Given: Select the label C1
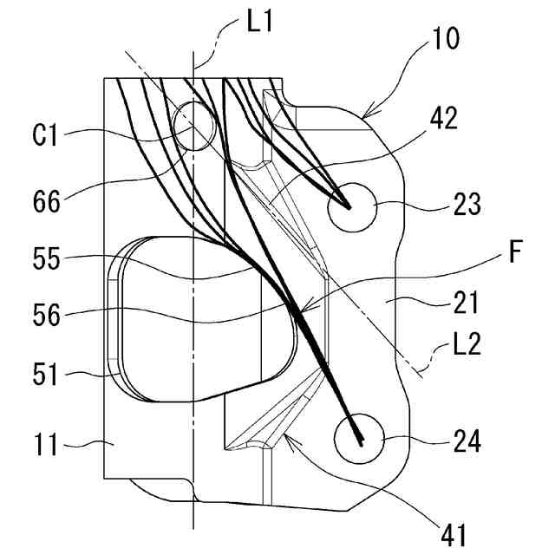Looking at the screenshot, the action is [46, 134].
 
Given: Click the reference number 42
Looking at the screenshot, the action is [444, 119].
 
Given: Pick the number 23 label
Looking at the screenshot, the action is [467, 206].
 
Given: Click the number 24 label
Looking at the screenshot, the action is [467, 442].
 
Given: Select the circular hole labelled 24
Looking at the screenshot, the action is [358, 440].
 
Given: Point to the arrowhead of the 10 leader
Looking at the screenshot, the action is [362, 113].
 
